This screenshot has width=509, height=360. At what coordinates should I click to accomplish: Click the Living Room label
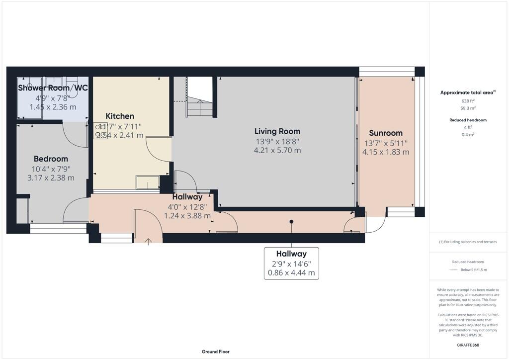click(277, 131)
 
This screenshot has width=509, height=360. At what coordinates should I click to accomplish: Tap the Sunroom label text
click(386, 133)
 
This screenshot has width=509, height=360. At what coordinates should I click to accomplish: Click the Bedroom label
click(51, 159)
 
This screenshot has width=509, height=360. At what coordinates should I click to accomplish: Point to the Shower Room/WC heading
click(53, 88)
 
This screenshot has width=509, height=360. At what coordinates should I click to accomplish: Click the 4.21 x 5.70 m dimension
click(277, 150)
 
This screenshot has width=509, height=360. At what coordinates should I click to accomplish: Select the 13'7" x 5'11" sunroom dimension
click(386, 143)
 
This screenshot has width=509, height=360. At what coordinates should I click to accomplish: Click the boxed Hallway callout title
click(291, 254)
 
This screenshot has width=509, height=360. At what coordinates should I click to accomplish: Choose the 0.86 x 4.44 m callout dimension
click(291, 273)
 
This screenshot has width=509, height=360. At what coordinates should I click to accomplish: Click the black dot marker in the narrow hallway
click(291, 222)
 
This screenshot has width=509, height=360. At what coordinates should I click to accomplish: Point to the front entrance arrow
click(148, 242)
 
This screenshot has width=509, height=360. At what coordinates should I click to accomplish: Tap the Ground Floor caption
click(216, 352)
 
